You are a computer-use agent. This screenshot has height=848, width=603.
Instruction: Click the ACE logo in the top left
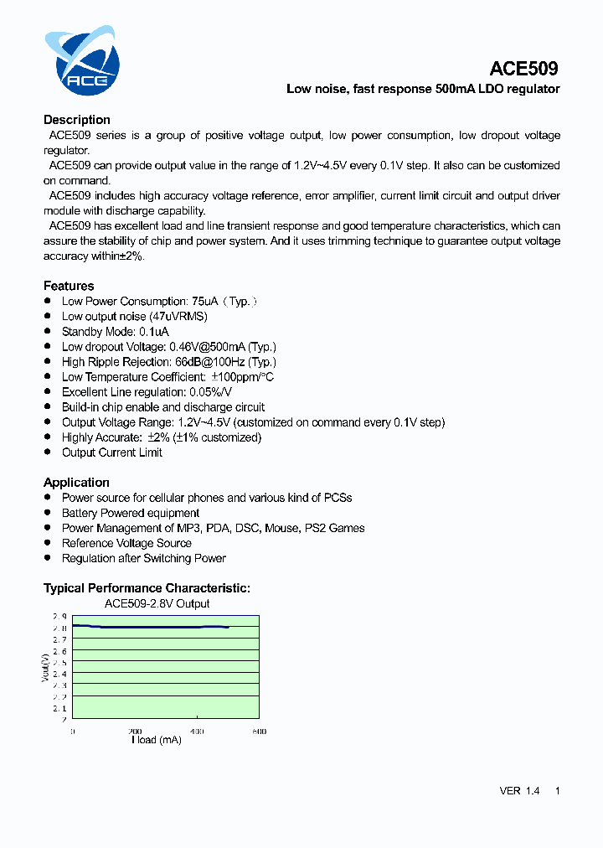pyautogui.click(x=82, y=60)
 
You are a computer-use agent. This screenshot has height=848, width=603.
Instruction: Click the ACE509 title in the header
pyautogui.click(x=523, y=68)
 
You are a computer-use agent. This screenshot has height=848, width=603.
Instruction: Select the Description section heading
pyautogui.click(x=77, y=120)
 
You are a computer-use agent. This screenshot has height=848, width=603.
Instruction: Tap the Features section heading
pyautogui.click(x=69, y=286)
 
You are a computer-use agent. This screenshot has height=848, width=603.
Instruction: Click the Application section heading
pyautogui.click(x=76, y=483)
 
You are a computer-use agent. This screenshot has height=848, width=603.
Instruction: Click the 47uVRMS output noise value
pyautogui.click(x=178, y=317)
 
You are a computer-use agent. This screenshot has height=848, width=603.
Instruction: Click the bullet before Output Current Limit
pyautogui.click(x=48, y=452)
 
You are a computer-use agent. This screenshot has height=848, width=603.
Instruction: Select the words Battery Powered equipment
pyautogui.click(x=131, y=513)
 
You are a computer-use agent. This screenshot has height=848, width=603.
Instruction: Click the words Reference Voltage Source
pyautogui.click(x=126, y=543)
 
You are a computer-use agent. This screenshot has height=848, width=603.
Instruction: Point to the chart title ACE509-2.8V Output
pyautogui.click(x=157, y=603)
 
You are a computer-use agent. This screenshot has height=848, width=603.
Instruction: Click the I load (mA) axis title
pyautogui.click(x=157, y=740)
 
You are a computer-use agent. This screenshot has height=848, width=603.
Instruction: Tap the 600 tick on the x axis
pyautogui.click(x=259, y=731)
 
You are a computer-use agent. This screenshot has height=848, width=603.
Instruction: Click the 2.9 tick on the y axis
pyautogui.click(x=59, y=617)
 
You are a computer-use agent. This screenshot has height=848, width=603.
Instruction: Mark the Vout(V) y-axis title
pyautogui.click(x=46, y=667)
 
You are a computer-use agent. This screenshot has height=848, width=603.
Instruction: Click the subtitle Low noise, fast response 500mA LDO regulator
pyautogui.click(x=423, y=89)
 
